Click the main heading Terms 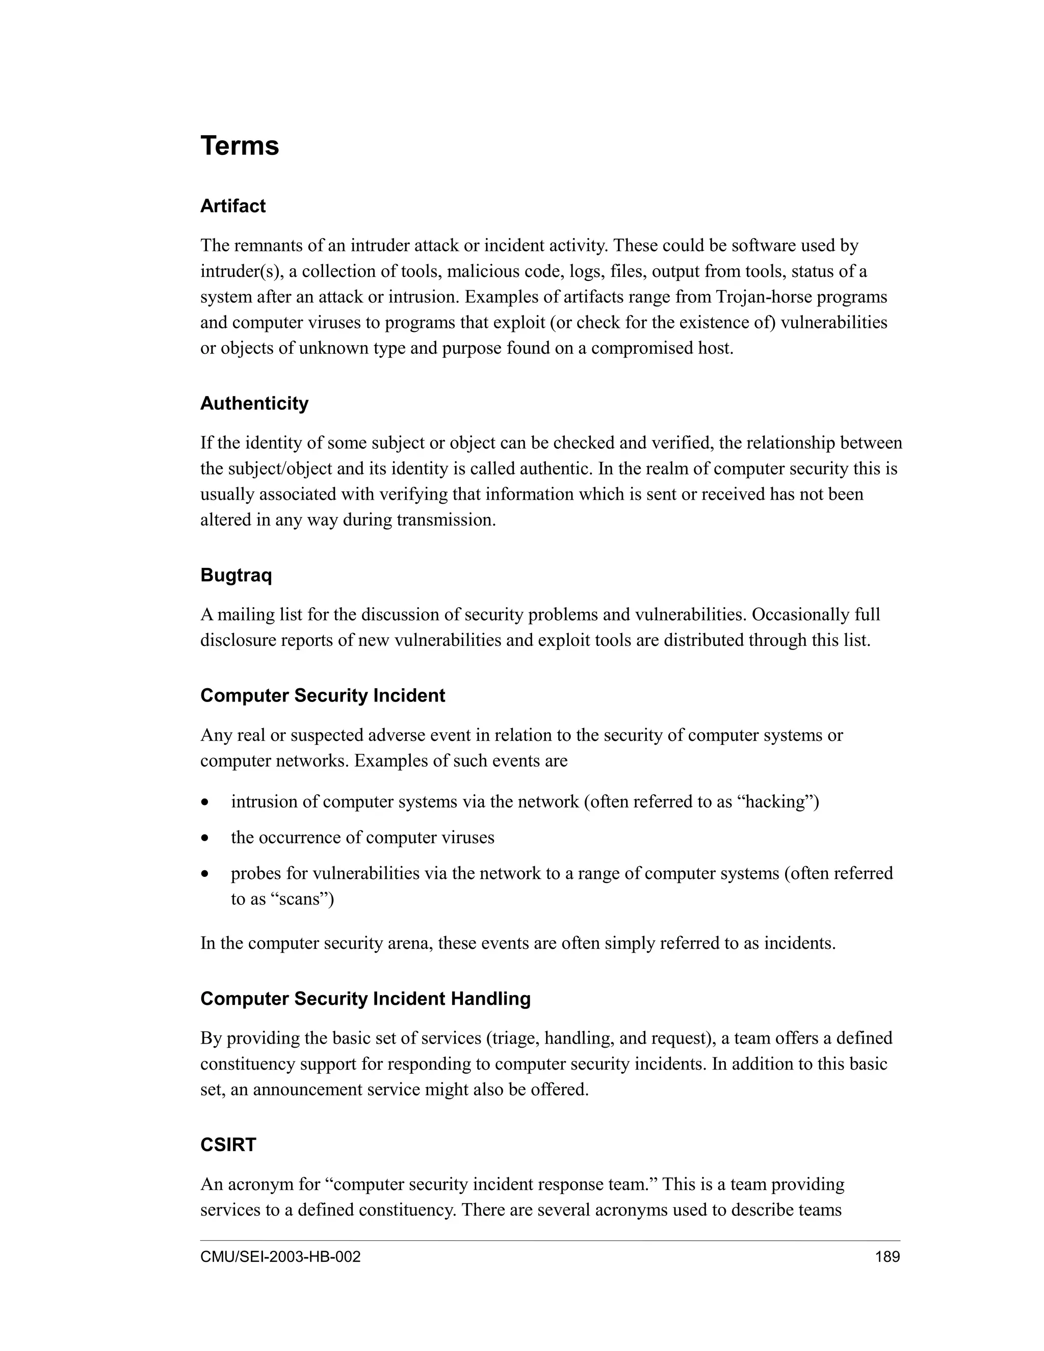pyautogui.click(x=240, y=146)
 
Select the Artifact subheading pyautogui.click(x=232, y=206)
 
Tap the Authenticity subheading pyautogui.click(x=254, y=403)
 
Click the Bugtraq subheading pyautogui.click(x=236, y=575)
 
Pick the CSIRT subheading pyautogui.click(x=228, y=1145)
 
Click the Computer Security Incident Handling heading pyautogui.click(x=365, y=998)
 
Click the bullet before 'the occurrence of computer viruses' pyautogui.click(x=205, y=839)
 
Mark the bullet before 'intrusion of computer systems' pyautogui.click(x=205, y=803)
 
